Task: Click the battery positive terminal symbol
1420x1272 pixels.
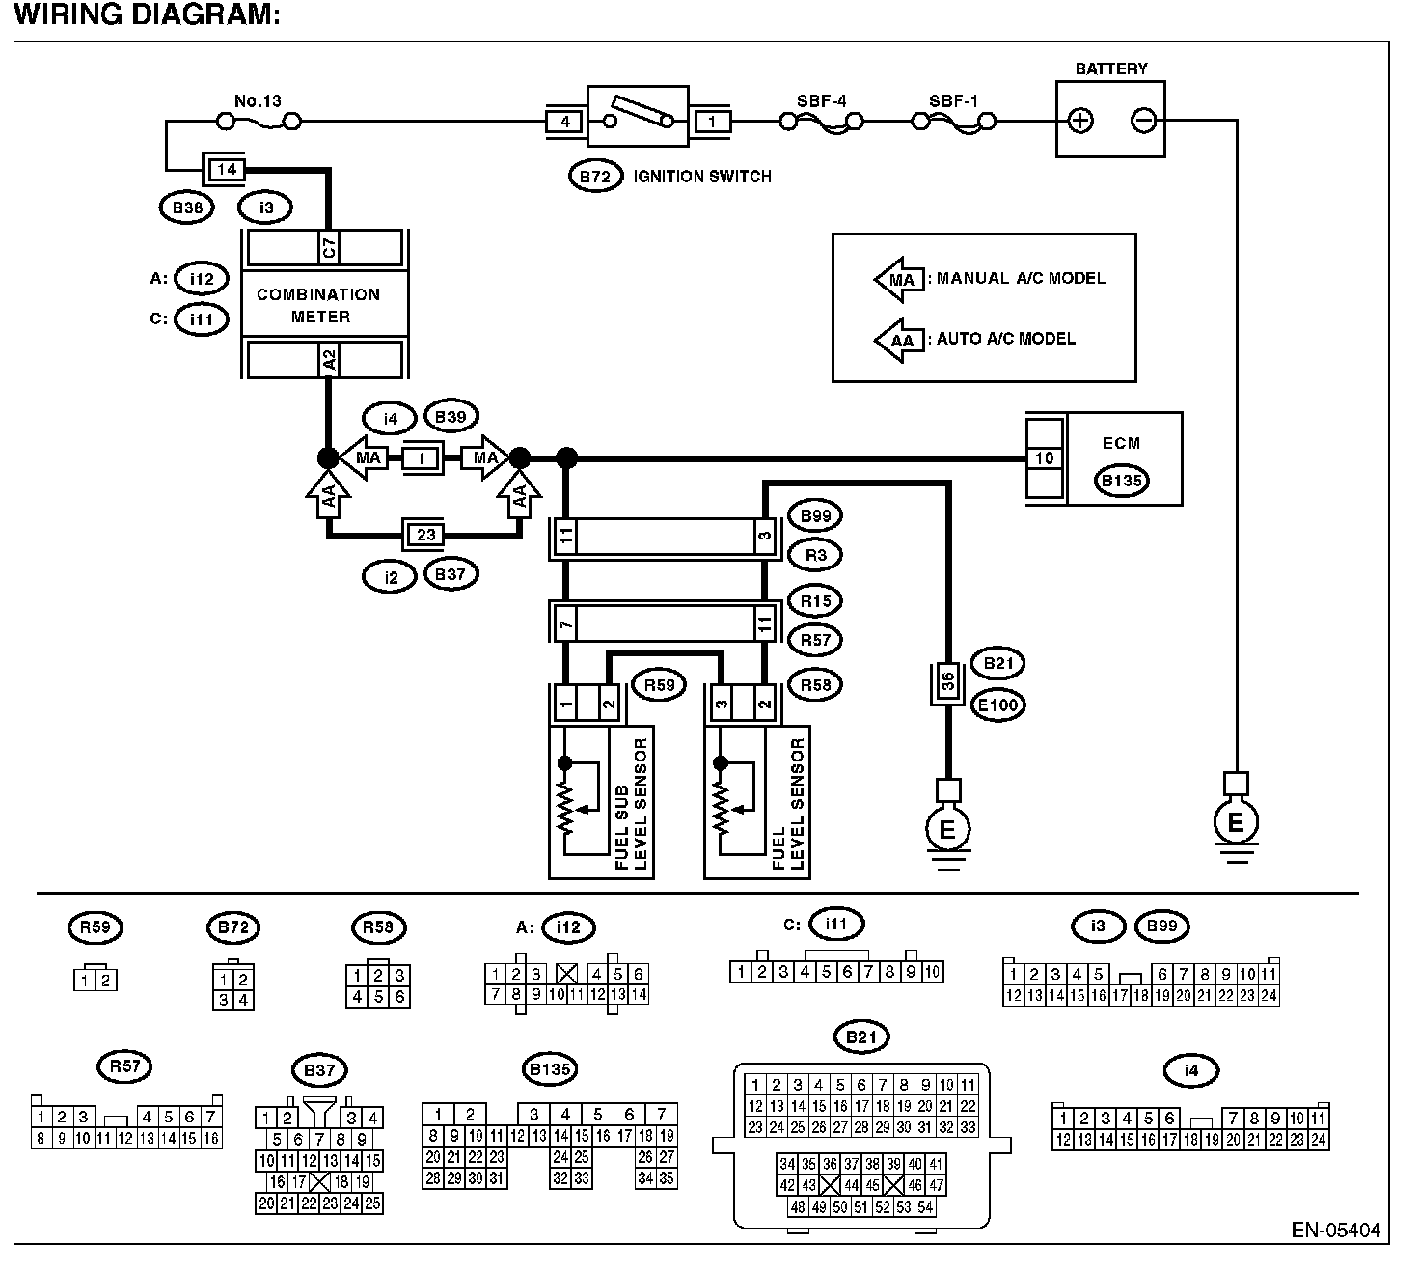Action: tap(1080, 121)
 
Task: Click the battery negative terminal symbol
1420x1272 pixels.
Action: tap(1143, 121)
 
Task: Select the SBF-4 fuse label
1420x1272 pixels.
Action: tap(822, 101)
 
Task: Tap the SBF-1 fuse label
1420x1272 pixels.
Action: tap(953, 101)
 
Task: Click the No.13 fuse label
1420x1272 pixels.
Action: tap(258, 101)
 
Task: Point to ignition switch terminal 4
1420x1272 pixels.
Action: tap(565, 122)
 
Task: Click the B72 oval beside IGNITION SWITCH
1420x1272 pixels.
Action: tap(595, 176)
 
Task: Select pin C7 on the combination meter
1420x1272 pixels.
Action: tap(329, 248)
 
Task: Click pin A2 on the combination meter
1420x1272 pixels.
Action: tap(329, 360)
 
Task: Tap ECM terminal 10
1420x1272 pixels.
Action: tap(1045, 458)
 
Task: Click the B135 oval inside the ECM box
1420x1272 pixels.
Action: tap(1121, 481)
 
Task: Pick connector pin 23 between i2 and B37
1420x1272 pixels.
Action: tap(425, 535)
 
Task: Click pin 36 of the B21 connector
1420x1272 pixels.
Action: tap(947, 681)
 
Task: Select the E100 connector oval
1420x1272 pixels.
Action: tap(998, 705)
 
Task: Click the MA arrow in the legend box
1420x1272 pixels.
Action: tap(899, 280)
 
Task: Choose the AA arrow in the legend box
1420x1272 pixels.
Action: tap(899, 341)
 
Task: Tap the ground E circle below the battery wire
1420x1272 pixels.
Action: tap(1236, 822)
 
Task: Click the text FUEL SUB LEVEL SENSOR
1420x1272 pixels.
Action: tap(631, 804)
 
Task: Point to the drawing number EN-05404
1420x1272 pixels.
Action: tap(1335, 1230)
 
